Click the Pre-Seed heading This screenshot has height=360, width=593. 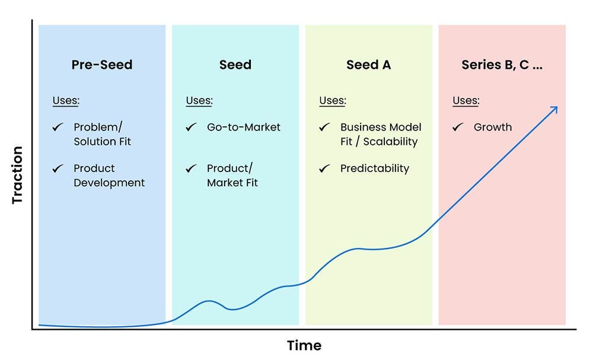click(x=101, y=65)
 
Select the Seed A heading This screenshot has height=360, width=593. click(x=368, y=65)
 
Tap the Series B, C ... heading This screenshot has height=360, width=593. click(x=502, y=65)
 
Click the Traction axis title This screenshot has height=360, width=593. click(x=17, y=175)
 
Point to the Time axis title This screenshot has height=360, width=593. click(x=304, y=345)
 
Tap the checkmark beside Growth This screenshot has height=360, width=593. click(x=458, y=127)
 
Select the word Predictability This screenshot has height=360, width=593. click(x=374, y=168)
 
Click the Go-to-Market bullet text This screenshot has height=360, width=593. click(x=243, y=127)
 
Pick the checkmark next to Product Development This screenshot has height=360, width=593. click(x=58, y=168)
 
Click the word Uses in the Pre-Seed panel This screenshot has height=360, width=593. click(x=65, y=100)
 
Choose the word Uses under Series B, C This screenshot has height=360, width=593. click(x=466, y=100)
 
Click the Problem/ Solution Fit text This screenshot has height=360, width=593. click(x=102, y=134)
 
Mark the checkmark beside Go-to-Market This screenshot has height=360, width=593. click(x=191, y=127)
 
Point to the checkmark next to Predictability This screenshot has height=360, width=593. click(x=324, y=168)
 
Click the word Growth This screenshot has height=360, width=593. click(x=492, y=127)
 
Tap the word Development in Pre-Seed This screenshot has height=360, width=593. click(x=109, y=183)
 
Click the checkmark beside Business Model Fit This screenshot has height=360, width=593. click(x=324, y=127)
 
